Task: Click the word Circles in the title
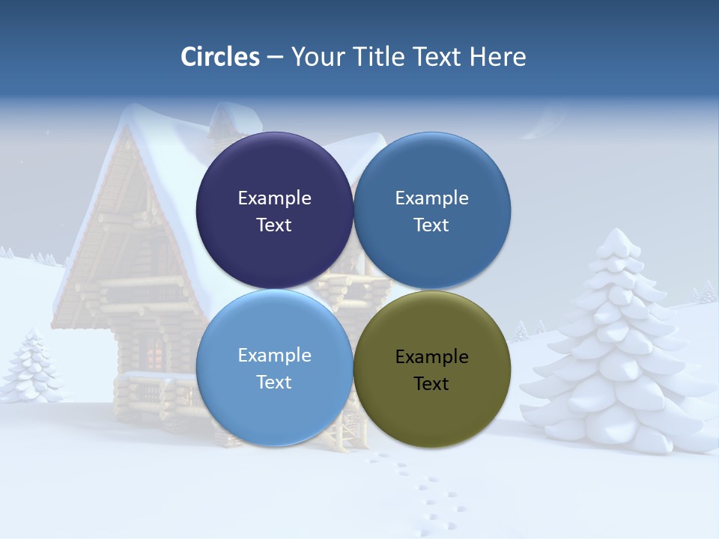point(219,57)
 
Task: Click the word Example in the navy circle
point(274,198)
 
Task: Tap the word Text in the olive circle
point(431,384)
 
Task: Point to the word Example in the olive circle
point(431,357)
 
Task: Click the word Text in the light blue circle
point(274,383)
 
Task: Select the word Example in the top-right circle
point(431,198)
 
